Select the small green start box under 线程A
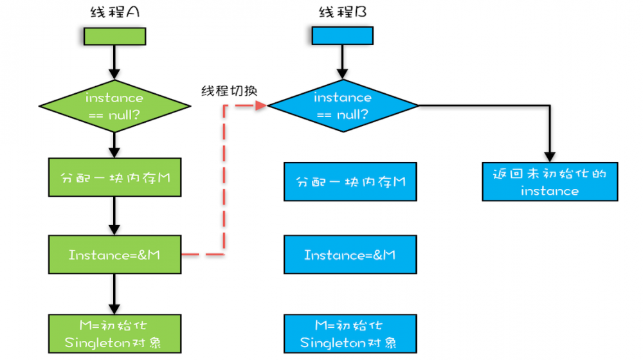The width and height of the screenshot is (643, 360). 114,36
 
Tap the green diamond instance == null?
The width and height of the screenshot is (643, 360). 114,106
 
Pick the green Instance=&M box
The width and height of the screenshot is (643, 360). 114,255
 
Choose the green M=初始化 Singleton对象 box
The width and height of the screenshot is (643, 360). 114,333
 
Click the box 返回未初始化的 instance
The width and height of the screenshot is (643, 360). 550,181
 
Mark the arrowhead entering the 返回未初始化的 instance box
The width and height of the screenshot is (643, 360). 550,157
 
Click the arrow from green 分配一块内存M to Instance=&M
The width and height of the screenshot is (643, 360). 114,215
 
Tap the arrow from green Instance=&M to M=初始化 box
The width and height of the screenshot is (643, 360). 114,294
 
